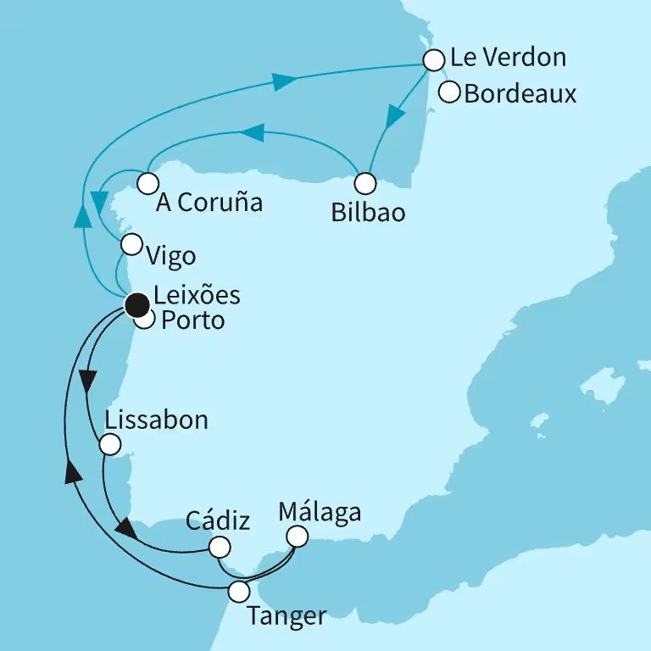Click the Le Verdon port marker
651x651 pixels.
click(x=433, y=60)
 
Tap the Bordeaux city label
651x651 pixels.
click(x=520, y=93)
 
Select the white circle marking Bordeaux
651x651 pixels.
click(x=449, y=91)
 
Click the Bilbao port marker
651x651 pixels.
click(x=365, y=183)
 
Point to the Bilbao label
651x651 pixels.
click(x=368, y=212)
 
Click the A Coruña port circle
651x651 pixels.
click(x=148, y=183)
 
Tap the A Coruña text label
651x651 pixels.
click(x=209, y=203)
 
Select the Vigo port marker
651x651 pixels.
click(x=131, y=245)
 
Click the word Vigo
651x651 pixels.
click(x=170, y=256)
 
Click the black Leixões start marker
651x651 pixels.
click(x=136, y=304)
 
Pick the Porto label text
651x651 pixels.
click(x=192, y=321)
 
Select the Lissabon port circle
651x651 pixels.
click(x=110, y=444)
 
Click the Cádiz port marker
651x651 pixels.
click(x=220, y=547)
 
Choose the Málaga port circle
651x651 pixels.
click(x=297, y=537)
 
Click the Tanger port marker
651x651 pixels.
click(x=240, y=590)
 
